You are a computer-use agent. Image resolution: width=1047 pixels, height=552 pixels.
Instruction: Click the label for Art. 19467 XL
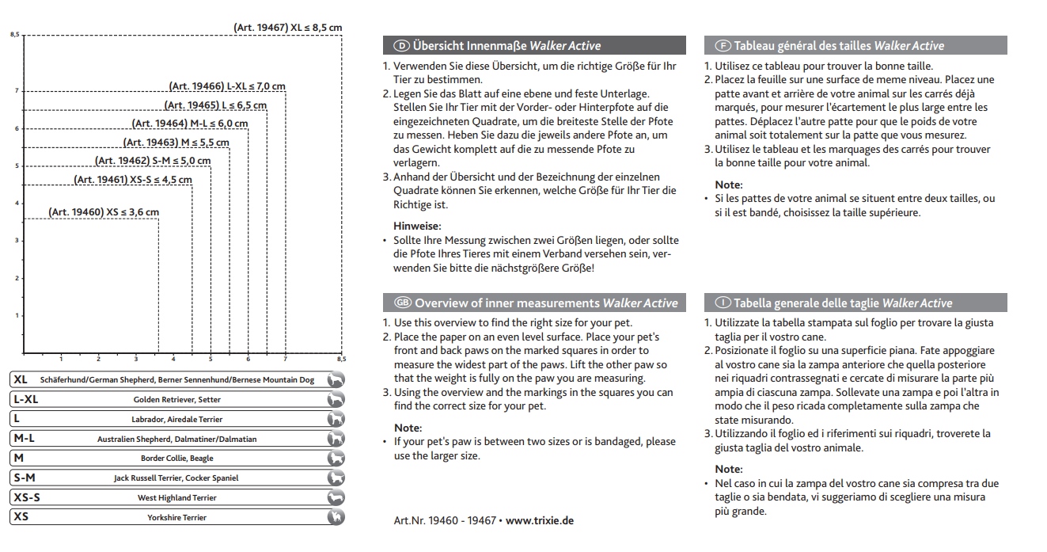[287, 28]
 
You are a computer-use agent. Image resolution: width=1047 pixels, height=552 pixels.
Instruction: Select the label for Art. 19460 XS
[104, 212]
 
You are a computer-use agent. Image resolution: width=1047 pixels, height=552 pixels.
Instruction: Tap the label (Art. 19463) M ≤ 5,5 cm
[176, 143]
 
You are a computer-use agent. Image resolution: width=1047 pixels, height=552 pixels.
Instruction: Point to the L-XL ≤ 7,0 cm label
[227, 86]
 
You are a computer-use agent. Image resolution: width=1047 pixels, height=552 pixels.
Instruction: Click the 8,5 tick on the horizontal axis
[342, 359]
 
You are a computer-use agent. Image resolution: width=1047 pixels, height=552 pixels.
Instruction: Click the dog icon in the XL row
[336, 380]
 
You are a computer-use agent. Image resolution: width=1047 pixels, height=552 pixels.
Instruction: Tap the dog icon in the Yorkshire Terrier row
[336, 517]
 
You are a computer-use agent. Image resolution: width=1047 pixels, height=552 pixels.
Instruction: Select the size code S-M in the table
[25, 478]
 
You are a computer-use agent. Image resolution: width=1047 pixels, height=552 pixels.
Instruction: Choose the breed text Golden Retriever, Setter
[177, 400]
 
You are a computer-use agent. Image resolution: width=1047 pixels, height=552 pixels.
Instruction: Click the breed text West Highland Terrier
[177, 498]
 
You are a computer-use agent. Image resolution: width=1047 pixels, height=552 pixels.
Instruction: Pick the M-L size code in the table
[25, 438]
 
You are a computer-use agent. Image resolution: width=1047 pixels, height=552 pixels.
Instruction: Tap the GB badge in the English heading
[403, 303]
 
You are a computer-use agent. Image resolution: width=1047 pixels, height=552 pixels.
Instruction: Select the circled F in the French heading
[723, 46]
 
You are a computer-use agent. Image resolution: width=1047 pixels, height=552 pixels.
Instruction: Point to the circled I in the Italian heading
[723, 303]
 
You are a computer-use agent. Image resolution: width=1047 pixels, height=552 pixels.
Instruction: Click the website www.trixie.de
[539, 520]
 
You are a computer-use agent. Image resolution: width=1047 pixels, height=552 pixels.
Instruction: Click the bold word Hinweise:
[417, 226]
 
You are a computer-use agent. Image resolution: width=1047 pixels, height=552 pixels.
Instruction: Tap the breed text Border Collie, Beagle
[177, 459]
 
